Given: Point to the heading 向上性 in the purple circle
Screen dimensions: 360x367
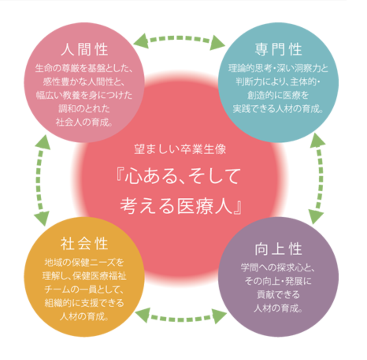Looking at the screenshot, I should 278,249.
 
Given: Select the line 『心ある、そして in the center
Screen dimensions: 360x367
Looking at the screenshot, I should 179,178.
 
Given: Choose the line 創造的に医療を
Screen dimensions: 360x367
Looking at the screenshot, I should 278,95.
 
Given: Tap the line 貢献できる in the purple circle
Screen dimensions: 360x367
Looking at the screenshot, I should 278,294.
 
